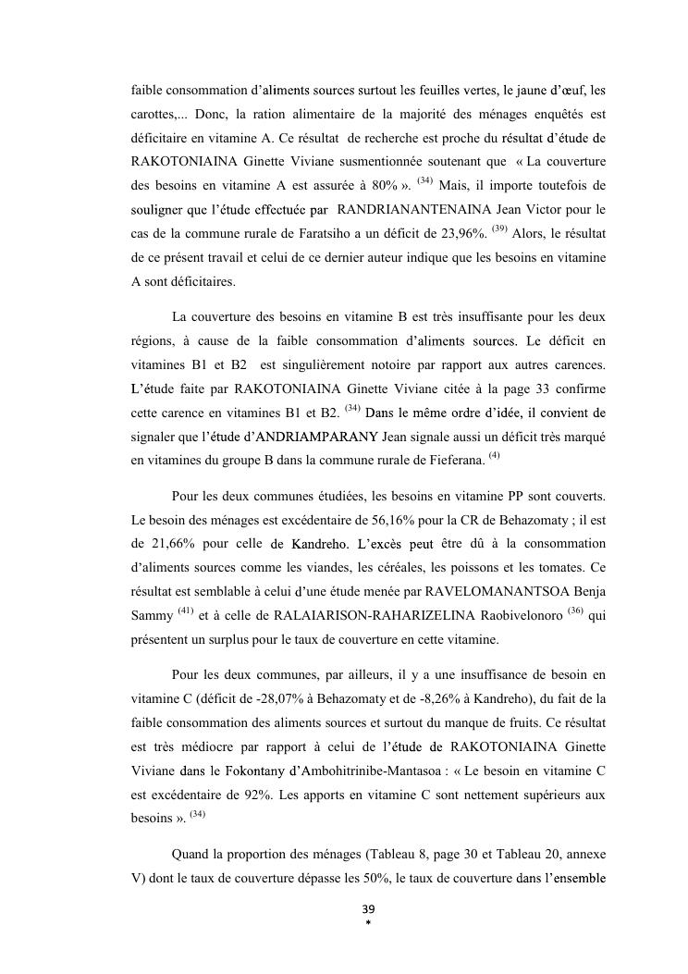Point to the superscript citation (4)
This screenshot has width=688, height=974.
pos(494,453)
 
